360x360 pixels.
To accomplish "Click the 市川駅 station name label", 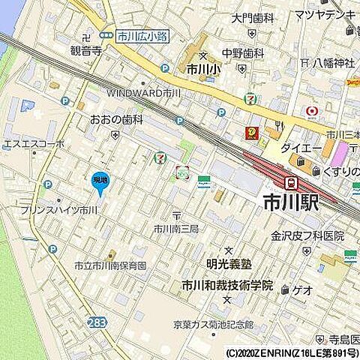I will (x=290, y=203).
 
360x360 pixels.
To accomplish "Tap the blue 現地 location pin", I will (x=100, y=181).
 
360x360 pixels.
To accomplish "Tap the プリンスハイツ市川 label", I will (x=58, y=211).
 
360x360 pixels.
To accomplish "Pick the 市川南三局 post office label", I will (x=175, y=229).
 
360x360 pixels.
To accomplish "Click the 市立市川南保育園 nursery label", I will (x=109, y=266).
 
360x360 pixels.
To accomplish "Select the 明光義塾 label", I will (x=229, y=265).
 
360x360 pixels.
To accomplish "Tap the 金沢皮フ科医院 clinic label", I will (x=307, y=235).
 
